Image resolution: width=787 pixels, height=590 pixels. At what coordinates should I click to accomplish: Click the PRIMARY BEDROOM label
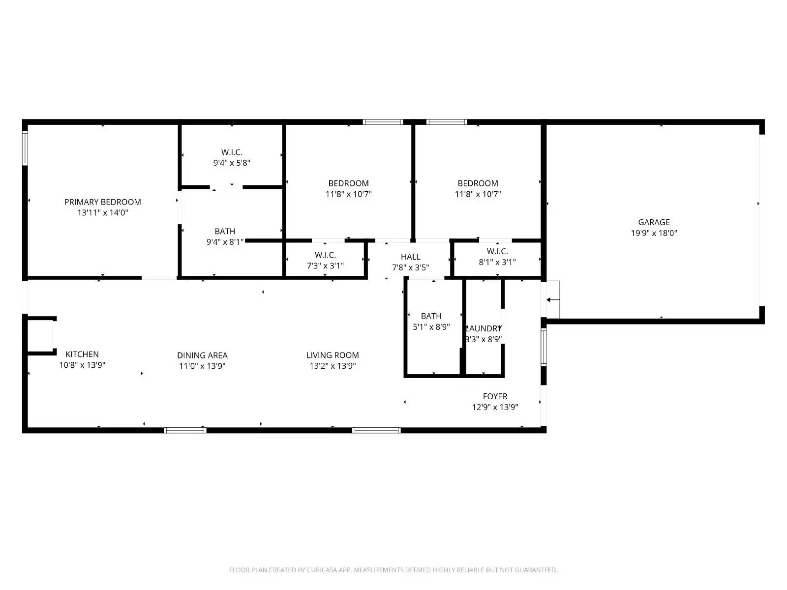[102, 202]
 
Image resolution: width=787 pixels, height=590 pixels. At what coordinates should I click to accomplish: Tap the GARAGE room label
[654, 222]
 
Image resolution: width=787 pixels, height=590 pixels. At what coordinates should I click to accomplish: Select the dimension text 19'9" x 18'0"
[654, 233]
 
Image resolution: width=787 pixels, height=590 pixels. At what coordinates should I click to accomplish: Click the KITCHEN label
[82, 354]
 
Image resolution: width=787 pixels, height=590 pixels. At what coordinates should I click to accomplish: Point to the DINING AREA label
[202, 355]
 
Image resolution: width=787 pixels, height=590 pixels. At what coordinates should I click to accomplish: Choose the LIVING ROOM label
[333, 355]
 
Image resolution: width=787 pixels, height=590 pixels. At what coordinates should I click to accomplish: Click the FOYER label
[495, 396]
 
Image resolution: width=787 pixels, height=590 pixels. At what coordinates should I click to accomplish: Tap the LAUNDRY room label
[484, 328]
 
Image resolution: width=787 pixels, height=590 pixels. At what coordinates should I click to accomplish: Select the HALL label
[410, 257]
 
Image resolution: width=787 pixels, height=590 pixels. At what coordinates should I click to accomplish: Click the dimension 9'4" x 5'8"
[232, 163]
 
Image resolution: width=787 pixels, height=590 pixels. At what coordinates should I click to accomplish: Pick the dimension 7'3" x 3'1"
[325, 265]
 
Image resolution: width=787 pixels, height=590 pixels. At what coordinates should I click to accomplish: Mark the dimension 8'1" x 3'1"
[497, 262]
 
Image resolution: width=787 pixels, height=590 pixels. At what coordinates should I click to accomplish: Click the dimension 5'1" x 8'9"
[431, 326]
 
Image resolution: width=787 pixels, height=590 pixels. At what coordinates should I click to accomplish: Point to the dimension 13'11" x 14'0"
[102, 213]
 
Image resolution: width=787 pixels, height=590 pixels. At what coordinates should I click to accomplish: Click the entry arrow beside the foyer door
[553, 299]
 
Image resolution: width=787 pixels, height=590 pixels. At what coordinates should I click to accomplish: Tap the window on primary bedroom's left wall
[25, 147]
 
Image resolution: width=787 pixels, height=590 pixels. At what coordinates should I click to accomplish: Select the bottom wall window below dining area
[185, 430]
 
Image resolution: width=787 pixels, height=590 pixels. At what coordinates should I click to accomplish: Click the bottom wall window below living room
[376, 430]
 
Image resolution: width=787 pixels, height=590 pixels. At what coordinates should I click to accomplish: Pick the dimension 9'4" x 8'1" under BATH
[225, 242]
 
